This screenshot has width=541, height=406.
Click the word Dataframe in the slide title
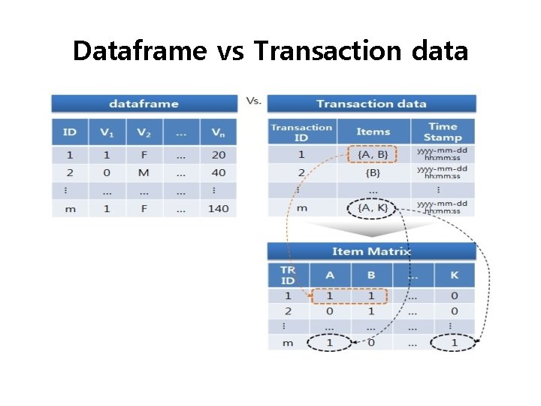[x=139, y=51]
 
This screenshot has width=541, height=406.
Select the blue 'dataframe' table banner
[x=144, y=104]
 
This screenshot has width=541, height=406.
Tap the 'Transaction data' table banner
[x=371, y=104]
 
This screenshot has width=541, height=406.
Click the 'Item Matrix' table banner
[x=371, y=251]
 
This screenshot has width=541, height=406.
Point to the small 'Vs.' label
[x=253, y=100]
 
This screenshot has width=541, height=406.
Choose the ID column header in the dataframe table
[x=70, y=132]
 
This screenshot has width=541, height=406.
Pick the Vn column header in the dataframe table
[x=218, y=132]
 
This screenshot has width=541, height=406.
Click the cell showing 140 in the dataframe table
[x=218, y=208]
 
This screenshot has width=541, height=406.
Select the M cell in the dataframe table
[x=144, y=172]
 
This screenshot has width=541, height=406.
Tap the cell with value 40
[x=218, y=172]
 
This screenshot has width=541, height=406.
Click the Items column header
[x=373, y=132]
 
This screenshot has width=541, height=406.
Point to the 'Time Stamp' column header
[x=443, y=132]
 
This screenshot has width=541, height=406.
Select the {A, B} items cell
[x=373, y=155]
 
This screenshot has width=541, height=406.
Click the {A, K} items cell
[x=373, y=208]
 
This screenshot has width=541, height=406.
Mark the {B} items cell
[x=373, y=172]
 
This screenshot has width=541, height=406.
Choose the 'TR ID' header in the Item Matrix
[x=288, y=275]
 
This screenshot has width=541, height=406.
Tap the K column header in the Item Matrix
[x=454, y=275]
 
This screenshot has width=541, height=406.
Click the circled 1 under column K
[x=454, y=343]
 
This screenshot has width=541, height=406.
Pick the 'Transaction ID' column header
[x=301, y=132]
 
